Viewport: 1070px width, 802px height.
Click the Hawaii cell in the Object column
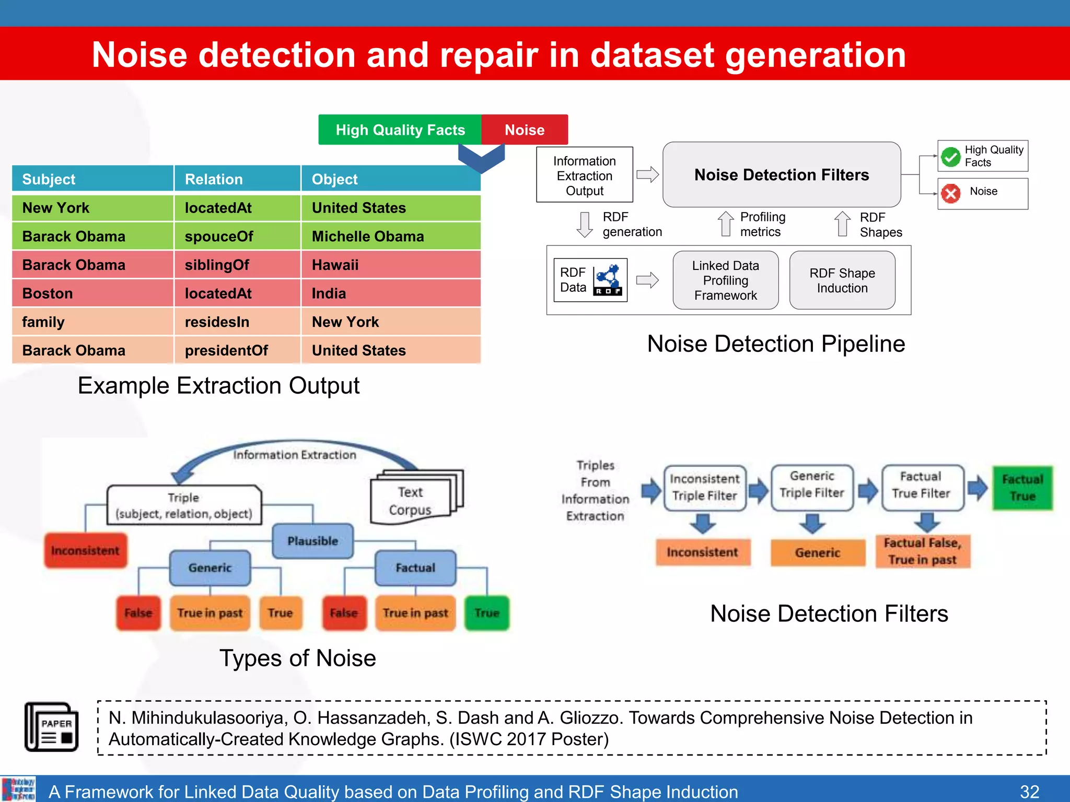(390, 265)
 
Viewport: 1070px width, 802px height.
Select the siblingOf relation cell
(237, 265)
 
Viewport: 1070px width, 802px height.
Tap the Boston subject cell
(92, 293)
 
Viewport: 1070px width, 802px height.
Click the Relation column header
(237, 179)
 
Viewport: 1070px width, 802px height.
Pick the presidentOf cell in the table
(237, 350)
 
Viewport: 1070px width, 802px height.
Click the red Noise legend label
(524, 129)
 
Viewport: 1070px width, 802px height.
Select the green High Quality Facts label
(400, 129)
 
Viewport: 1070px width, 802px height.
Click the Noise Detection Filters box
(781, 174)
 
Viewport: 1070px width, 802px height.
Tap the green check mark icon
(950, 156)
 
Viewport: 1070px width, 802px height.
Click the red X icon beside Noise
(950, 194)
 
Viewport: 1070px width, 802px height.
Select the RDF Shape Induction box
(842, 280)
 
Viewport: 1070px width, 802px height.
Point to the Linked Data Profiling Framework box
(725, 280)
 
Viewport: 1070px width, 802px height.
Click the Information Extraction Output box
(584, 175)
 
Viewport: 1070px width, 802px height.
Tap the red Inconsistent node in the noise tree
(85, 550)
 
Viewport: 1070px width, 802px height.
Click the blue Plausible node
(312, 541)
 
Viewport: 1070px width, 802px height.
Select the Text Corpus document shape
(413, 499)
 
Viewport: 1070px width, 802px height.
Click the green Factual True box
(1022, 488)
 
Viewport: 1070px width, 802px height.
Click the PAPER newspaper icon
(52, 727)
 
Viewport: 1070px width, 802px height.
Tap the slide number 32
(1029, 791)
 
